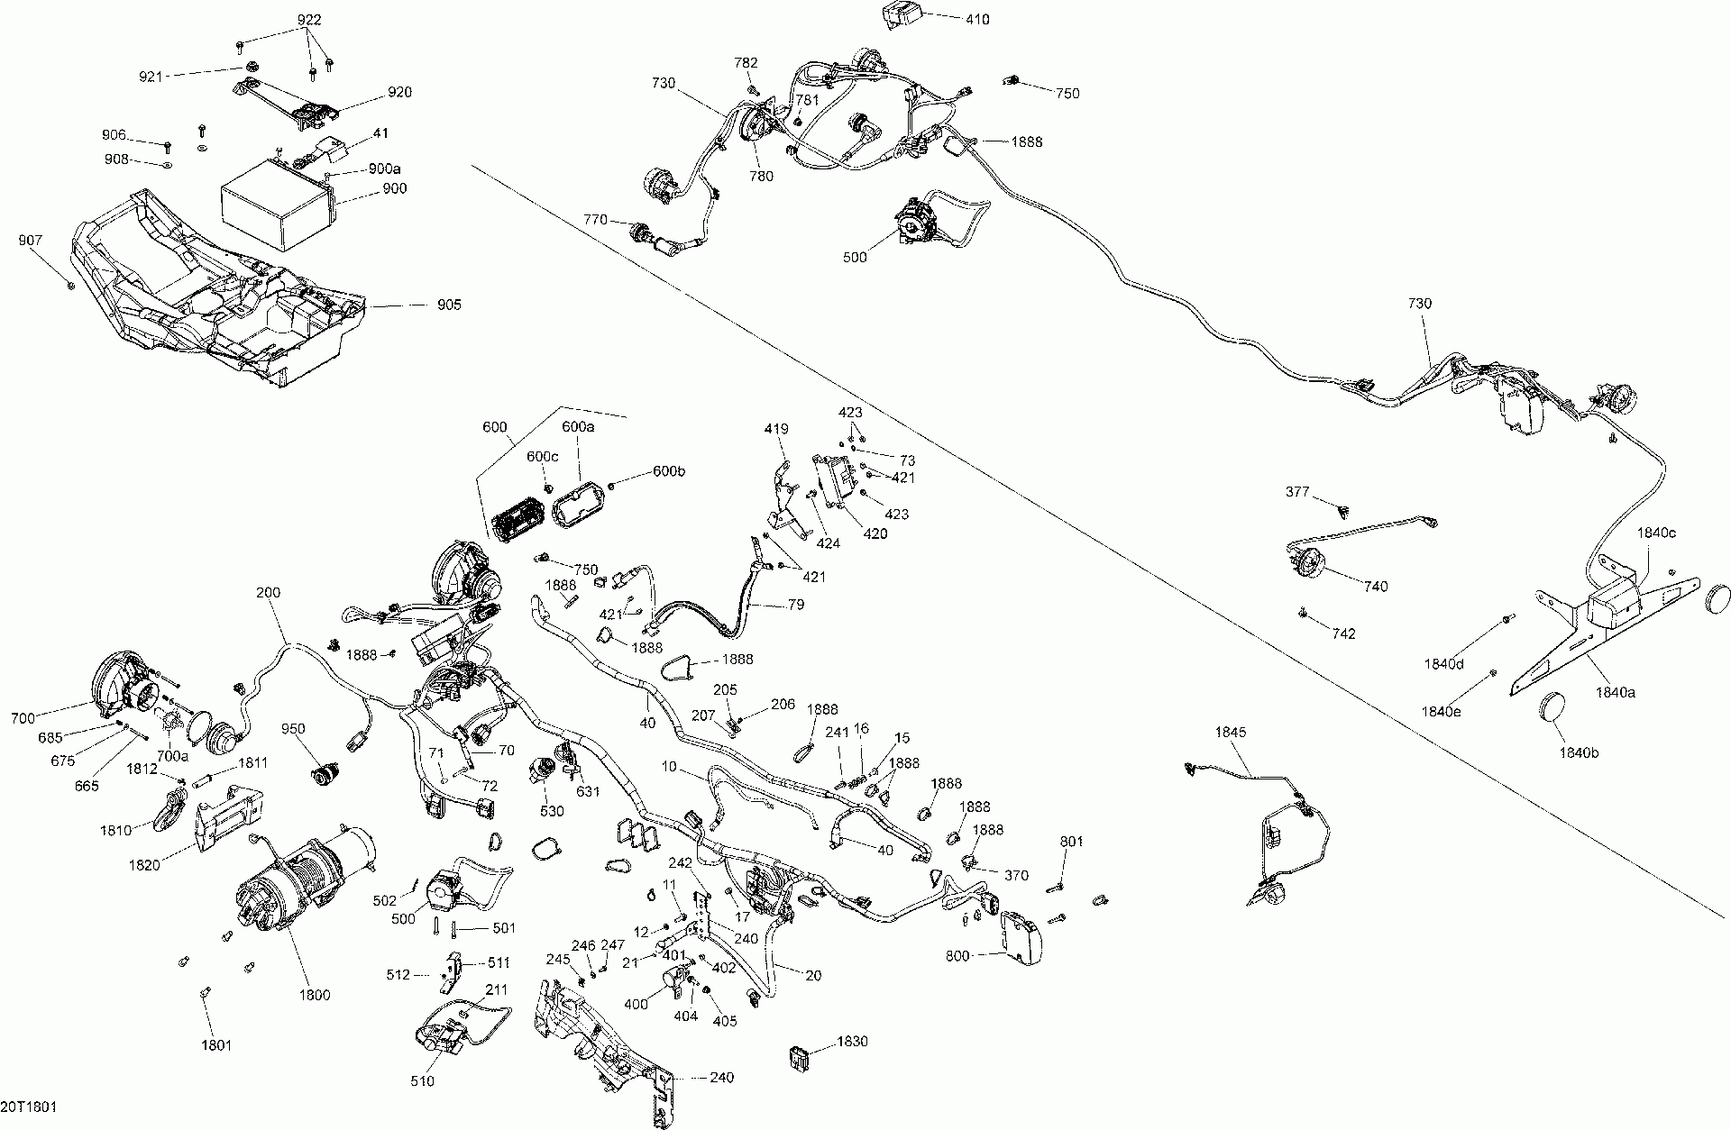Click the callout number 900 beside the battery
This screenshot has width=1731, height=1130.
(394, 188)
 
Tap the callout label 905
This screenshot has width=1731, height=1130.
(448, 305)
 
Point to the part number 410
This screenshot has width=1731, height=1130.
(976, 19)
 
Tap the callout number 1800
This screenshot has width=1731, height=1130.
(315, 995)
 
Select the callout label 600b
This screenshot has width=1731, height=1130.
(670, 471)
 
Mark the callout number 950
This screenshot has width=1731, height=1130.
(293, 728)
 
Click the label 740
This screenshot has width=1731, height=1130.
(1376, 587)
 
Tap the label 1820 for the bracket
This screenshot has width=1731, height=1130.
(143, 865)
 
